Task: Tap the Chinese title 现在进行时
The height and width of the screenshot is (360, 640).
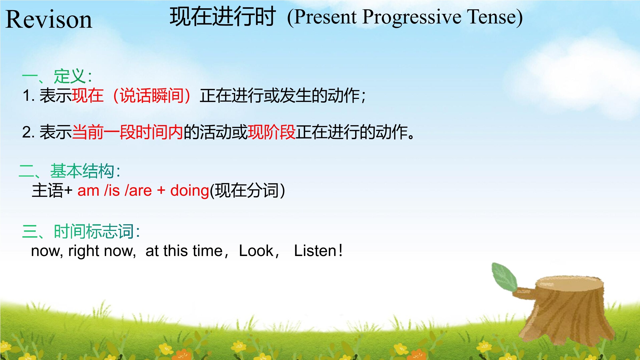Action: (223, 17)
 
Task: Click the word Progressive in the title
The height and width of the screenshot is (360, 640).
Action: (412, 17)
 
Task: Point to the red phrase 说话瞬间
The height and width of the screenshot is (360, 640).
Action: (151, 95)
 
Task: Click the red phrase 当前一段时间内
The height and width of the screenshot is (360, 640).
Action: (127, 132)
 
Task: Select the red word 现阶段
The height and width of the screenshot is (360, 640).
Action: (271, 132)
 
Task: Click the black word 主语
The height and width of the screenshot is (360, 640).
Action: (47, 190)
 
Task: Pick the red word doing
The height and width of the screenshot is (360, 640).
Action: (190, 191)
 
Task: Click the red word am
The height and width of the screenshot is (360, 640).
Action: (88, 191)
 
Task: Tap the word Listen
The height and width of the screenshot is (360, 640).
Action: (315, 251)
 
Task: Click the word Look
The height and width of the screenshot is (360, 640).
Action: (256, 251)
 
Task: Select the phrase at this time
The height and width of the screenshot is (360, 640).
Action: (184, 251)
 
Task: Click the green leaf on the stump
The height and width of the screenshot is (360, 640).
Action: (505, 277)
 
